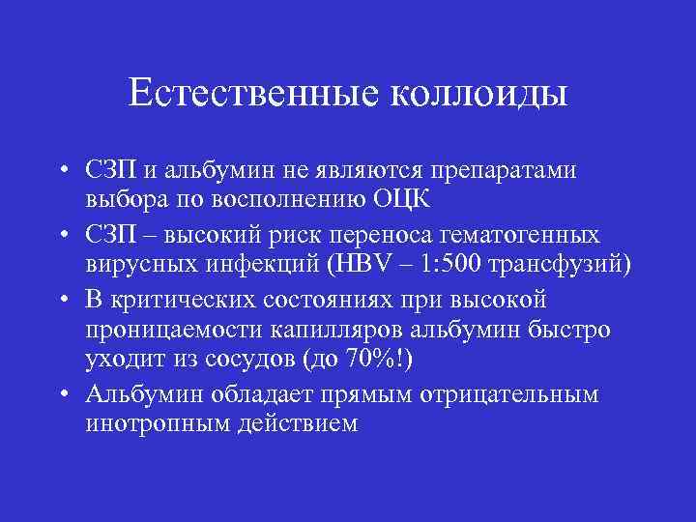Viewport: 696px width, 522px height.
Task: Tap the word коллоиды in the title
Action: click(479, 94)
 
